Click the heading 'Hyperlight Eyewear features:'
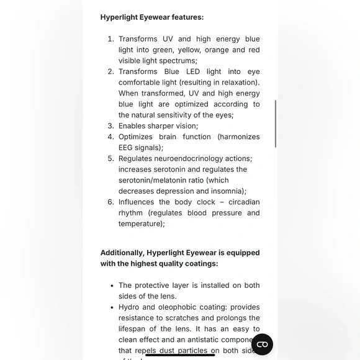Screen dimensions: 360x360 coord(151,17)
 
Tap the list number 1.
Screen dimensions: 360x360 coord(110,39)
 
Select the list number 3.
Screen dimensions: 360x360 coord(110,126)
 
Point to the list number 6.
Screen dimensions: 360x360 coord(110,202)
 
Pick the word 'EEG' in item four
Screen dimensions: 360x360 coord(128,148)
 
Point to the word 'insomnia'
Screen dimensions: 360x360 coord(226,191)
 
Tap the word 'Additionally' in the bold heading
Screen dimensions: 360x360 coord(122,253)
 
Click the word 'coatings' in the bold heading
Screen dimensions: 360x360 coord(199,264)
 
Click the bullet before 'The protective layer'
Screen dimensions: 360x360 coord(111,286)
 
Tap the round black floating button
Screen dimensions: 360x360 coord(262,344)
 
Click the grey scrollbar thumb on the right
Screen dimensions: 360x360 coord(275,124)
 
